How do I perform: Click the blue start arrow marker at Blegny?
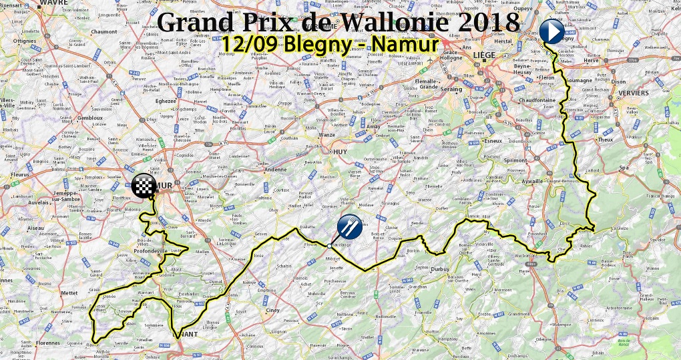click(x=552, y=31)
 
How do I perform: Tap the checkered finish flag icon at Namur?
click(x=144, y=187)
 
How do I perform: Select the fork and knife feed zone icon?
click(x=349, y=228)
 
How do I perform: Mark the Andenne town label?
click(x=276, y=169)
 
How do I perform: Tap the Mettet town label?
click(x=49, y=292)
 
